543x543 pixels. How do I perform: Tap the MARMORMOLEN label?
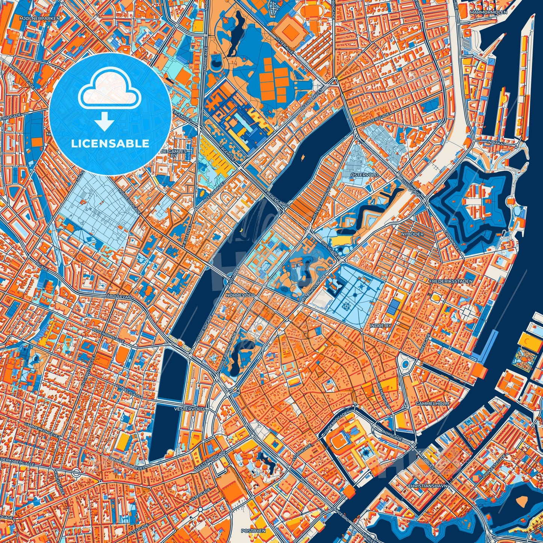[488, 12]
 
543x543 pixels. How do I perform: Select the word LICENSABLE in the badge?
[110, 144]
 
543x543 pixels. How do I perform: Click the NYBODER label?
[412, 234]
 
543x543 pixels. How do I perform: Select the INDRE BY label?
[381, 325]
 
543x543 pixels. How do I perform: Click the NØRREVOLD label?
[240, 295]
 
